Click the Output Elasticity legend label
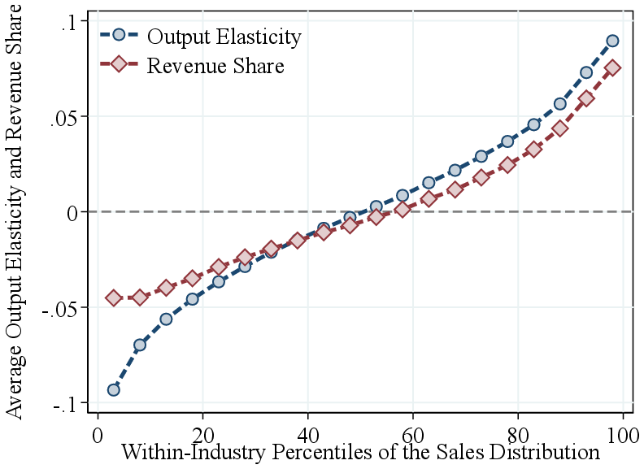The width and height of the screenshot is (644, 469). pyautogui.click(x=224, y=37)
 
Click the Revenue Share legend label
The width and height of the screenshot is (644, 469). pyautogui.click(x=215, y=66)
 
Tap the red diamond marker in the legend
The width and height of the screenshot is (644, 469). pyautogui.click(x=119, y=64)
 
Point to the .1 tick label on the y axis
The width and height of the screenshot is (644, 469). pyautogui.click(x=68, y=22)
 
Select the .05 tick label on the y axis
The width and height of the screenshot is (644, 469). pyautogui.click(x=63, y=117)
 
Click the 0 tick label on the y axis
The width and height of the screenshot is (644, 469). pyautogui.click(x=72, y=212)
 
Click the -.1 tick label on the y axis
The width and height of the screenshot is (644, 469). pyautogui.click(x=63, y=403)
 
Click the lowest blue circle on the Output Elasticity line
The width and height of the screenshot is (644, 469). pyautogui.click(x=114, y=390)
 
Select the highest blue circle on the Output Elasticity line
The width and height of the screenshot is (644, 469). pyautogui.click(x=612, y=41)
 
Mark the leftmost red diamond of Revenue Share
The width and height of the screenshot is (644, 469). pyautogui.click(x=114, y=297)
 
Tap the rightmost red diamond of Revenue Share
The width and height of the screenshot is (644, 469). pyautogui.click(x=612, y=67)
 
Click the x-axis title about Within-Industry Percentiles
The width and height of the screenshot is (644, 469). pyautogui.click(x=361, y=452)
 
